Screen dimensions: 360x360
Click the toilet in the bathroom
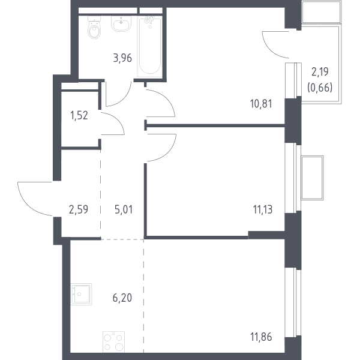(x=94, y=28)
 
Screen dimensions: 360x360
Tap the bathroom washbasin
(x=121, y=23)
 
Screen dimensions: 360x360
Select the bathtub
(x=150, y=46)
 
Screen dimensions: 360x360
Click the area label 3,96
(x=122, y=58)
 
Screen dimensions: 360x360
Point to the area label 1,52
(x=79, y=115)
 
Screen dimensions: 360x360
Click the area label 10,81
(x=261, y=104)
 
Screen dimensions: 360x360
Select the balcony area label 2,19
(x=320, y=72)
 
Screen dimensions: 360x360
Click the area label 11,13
(x=263, y=209)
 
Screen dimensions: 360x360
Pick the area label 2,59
(x=79, y=209)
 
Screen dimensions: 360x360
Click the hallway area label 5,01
(x=124, y=209)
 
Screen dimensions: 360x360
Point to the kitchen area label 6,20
(x=122, y=298)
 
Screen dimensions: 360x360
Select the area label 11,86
(x=261, y=337)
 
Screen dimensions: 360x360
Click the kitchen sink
(x=81, y=294)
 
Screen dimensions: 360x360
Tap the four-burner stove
(x=113, y=341)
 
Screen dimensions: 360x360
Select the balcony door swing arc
(x=269, y=49)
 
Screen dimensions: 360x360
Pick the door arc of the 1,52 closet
(x=118, y=119)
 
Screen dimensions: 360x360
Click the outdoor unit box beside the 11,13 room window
(x=312, y=178)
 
